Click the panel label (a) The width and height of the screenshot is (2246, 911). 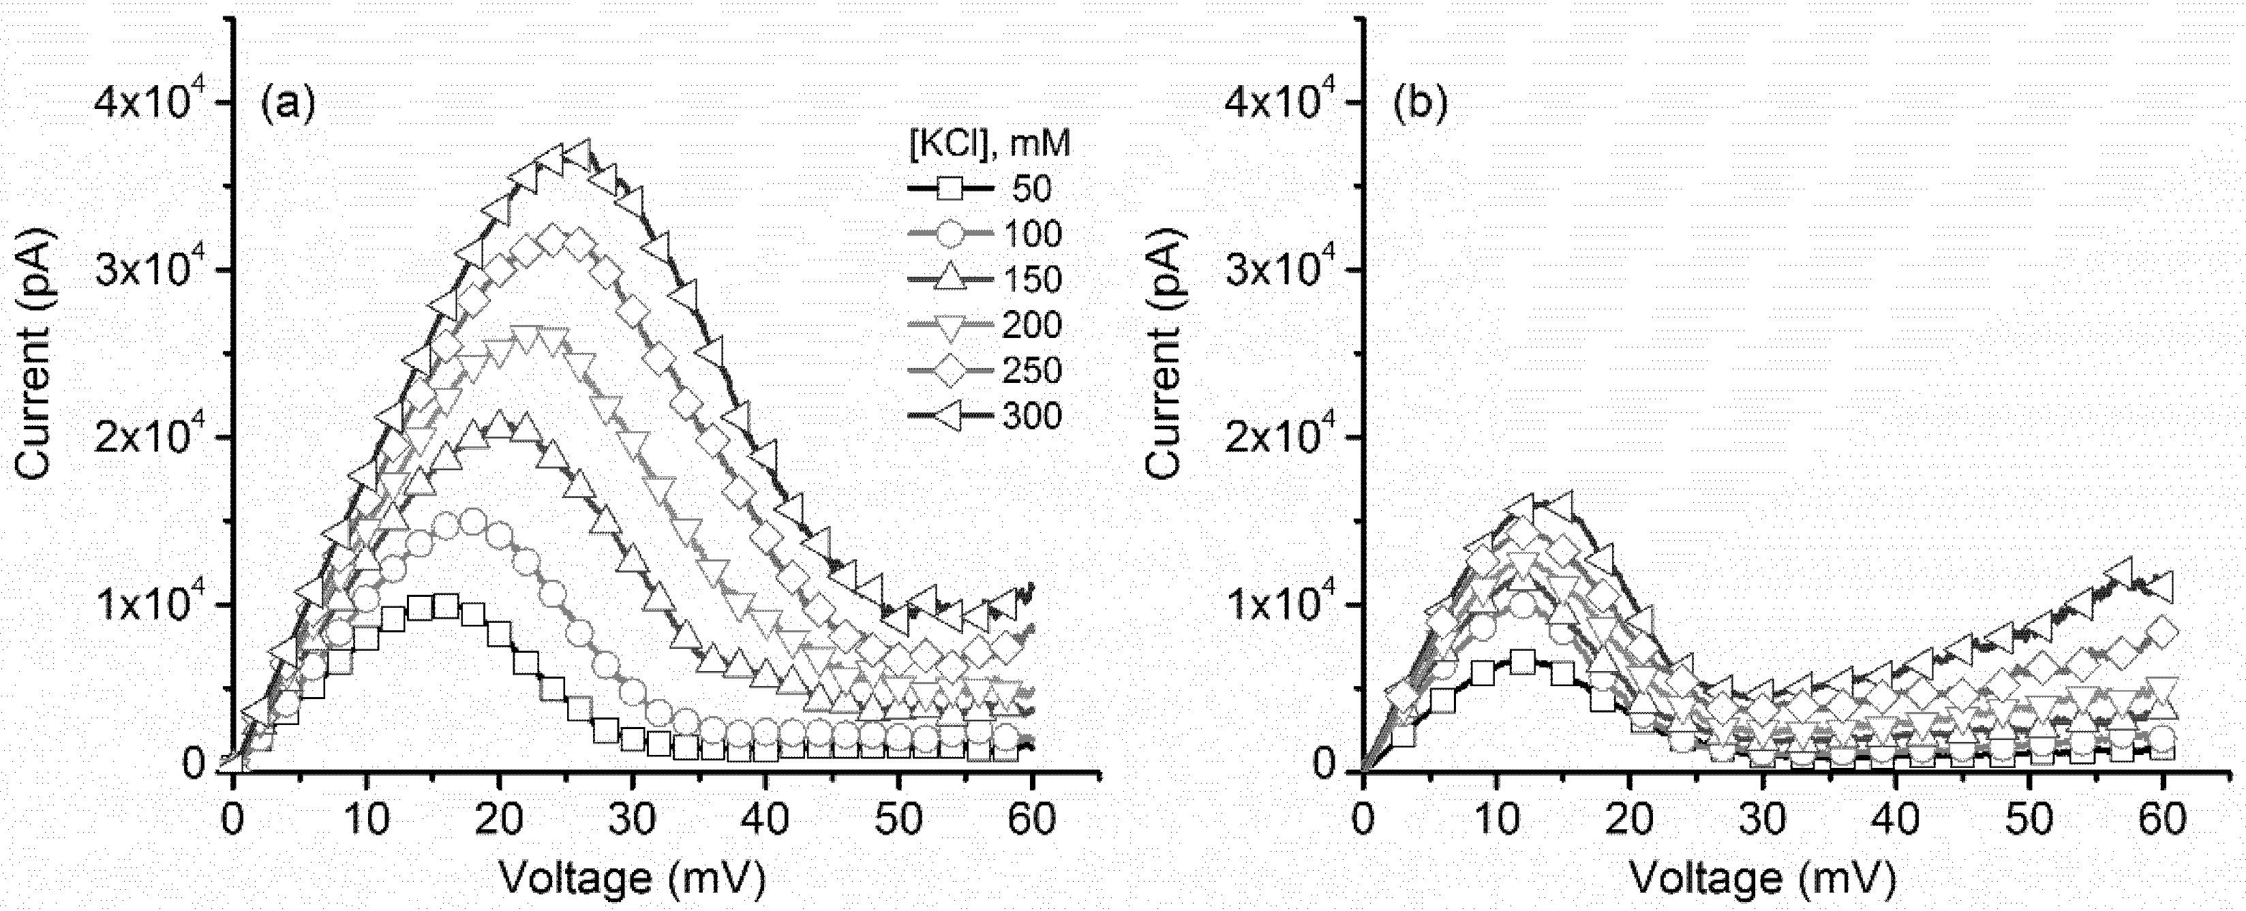point(288,104)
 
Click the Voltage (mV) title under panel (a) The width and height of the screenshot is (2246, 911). point(631,878)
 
